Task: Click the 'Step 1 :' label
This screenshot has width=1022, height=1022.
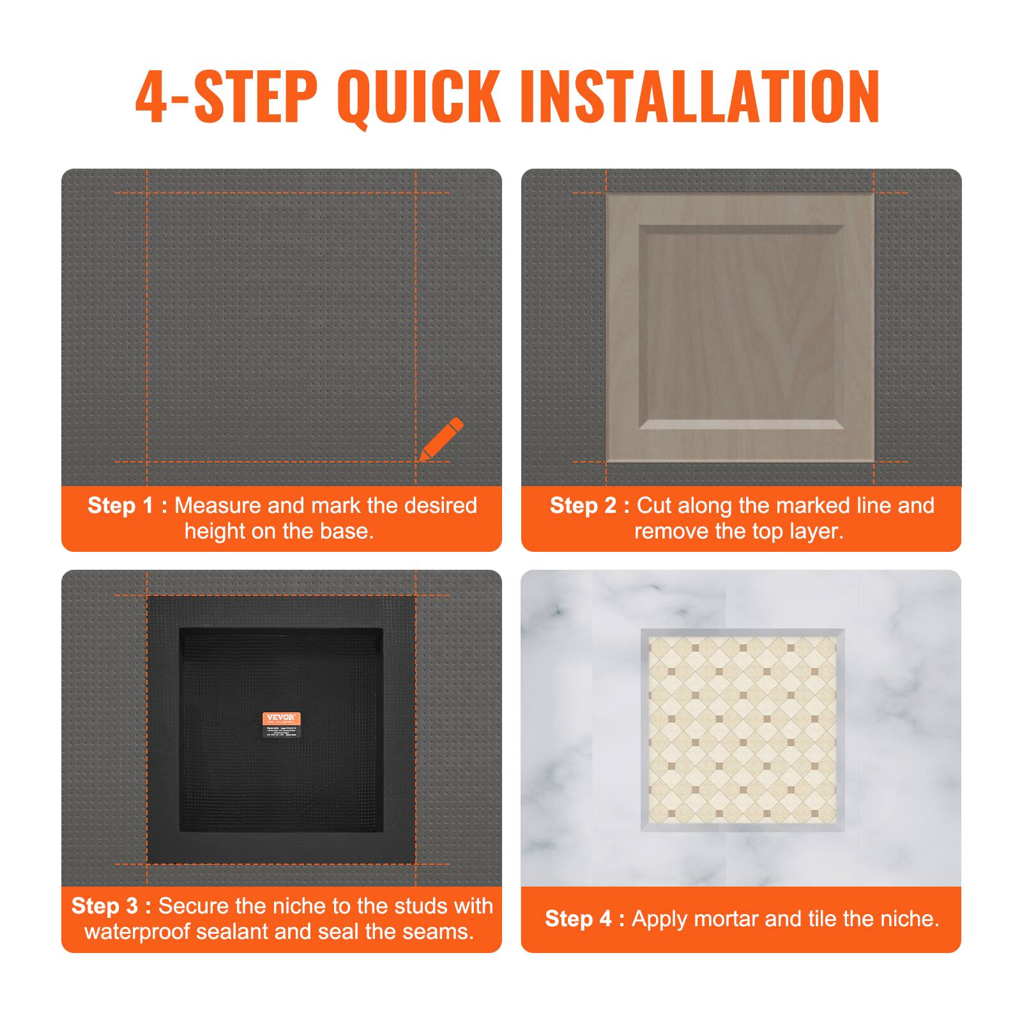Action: pos(127,505)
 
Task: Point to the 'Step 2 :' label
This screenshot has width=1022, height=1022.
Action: pos(590,505)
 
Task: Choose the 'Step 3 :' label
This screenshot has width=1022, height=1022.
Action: pos(111,906)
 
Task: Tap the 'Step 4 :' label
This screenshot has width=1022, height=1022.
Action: pos(584,919)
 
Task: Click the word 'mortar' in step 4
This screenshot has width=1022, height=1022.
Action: pos(726,919)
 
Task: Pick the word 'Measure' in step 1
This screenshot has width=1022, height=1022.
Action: pos(218,505)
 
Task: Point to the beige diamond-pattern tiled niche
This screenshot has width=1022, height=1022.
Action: pos(742,730)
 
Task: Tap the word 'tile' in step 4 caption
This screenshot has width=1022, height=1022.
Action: pos(824,919)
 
